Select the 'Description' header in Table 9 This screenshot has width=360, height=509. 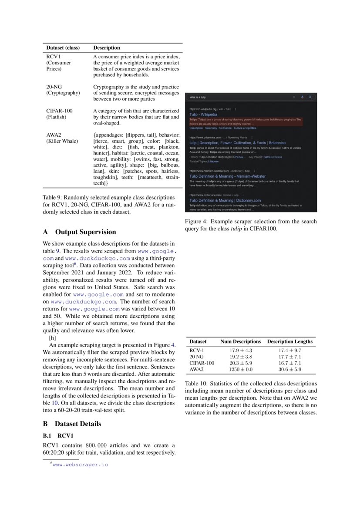107,47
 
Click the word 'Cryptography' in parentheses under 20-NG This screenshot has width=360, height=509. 63,93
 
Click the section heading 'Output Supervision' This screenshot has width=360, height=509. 85,232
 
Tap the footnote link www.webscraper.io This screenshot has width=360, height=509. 80,465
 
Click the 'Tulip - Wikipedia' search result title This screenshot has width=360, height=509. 203,114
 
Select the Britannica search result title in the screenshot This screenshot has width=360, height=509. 237,142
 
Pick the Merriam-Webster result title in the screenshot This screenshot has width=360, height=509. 227,176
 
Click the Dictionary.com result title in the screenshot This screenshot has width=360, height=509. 225,200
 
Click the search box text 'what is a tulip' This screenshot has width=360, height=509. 198,97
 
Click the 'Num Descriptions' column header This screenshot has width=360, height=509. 240,341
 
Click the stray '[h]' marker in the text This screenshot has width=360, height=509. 52,337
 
